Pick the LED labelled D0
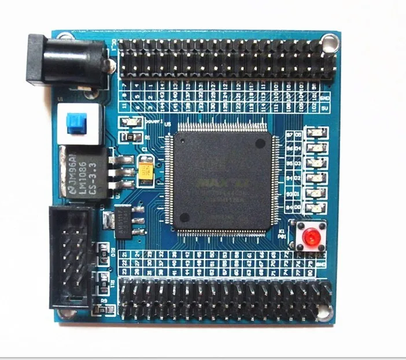tap(315, 207)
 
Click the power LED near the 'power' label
tap(131, 123)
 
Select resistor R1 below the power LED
tap(130, 136)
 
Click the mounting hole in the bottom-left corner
tap(67, 313)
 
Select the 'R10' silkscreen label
tap(113, 251)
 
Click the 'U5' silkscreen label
tap(168, 123)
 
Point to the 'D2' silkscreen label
tap(298, 179)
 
